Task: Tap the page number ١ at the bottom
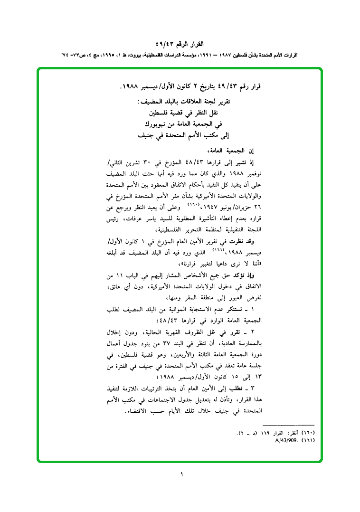pyautogui.click(x=181, y=474)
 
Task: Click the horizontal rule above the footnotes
pyautogui.click(x=288, y=425)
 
